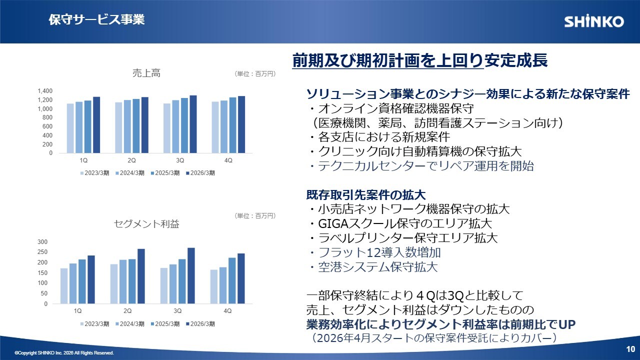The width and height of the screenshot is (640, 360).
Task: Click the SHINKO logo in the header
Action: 594,21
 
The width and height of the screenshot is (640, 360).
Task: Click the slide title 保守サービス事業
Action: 96,19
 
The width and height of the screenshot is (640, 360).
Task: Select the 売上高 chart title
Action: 146,73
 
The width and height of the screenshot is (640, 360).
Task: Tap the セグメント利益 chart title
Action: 146,223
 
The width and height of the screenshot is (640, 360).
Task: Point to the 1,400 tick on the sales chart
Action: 45,91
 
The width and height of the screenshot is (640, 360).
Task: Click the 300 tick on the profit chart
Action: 42,241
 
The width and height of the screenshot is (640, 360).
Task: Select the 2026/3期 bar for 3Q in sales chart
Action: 193,124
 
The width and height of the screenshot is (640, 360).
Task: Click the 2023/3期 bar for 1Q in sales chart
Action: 70,128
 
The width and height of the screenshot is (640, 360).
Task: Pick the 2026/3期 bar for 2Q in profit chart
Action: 141,276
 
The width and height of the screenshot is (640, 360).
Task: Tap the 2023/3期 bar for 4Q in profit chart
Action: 213,286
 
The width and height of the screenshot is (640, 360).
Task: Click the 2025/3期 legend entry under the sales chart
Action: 165,173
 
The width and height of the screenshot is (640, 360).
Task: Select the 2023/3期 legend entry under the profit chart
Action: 94,323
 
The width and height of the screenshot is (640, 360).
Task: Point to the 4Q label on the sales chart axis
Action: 228,160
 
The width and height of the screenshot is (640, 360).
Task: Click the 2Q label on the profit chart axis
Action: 127,310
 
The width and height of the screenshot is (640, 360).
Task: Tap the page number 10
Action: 630,349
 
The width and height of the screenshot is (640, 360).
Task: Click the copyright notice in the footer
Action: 64,353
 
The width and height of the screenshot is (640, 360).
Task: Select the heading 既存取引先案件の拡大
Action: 366,195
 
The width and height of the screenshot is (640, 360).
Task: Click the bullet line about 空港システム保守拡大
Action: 373,267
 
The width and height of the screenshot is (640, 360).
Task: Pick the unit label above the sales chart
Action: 255,73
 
